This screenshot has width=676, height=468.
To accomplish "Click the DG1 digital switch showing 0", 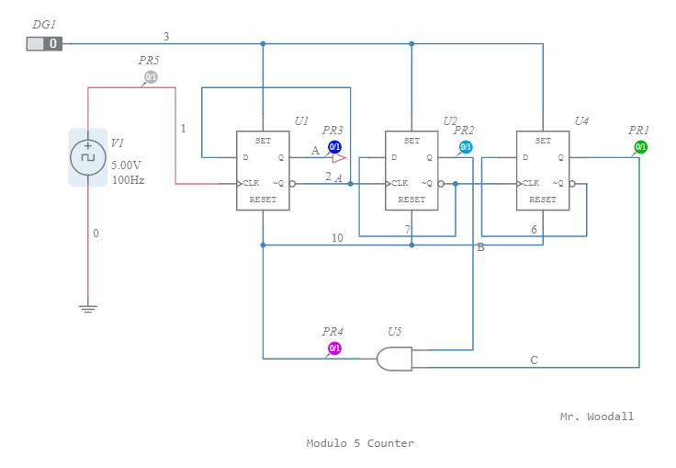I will [43, 43].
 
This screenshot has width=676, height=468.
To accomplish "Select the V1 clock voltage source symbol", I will [88, 156].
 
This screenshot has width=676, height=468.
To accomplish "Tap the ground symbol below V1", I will [88, 309].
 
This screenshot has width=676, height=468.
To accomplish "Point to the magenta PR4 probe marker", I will [334, 348].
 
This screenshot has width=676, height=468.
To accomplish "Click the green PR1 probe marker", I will [641, 147].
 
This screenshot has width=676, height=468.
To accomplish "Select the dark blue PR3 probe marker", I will [335, 147].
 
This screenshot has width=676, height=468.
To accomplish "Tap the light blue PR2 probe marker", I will [466, 147].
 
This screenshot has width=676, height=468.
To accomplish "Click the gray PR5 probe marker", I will [151, 77].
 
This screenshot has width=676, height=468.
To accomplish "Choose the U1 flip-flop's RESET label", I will [263, 200].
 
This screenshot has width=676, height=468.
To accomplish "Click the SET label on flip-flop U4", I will [543, 141].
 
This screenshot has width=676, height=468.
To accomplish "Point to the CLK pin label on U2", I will [400, 183].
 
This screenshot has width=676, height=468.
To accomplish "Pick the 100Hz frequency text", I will [128, 180].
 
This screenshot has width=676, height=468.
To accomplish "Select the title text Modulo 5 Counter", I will [360, 443].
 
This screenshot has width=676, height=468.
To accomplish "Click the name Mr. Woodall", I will [597, 417].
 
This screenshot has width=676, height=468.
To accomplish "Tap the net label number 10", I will [337, 238].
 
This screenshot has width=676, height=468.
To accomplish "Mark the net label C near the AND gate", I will [534, 360].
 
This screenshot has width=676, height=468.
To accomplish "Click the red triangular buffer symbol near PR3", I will [338, 158].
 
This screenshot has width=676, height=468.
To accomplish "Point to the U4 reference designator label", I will [581, 121].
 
